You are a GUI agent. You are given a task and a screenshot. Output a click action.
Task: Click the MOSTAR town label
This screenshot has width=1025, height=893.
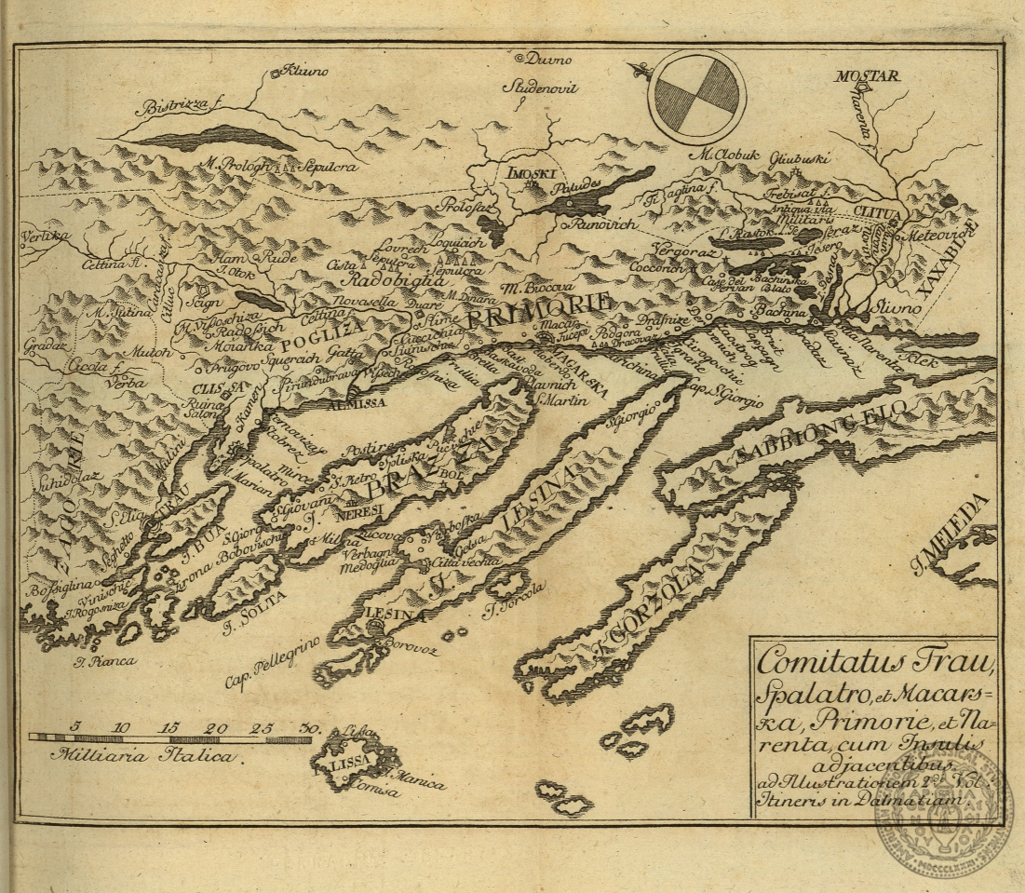pos(865,75)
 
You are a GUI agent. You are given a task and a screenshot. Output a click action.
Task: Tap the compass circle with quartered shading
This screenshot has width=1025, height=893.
pos(696,95)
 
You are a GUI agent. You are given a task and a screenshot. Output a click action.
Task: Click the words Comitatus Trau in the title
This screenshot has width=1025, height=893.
pos(874,663)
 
